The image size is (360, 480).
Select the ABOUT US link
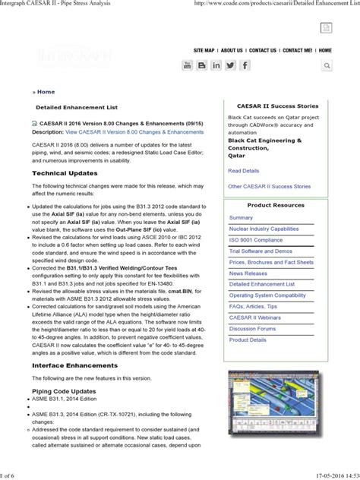point(232,50)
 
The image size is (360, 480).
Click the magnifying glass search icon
point(326,66)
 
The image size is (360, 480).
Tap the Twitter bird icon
point(231,66)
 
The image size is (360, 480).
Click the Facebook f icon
point(245,66)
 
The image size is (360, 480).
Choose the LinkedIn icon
point(216,66)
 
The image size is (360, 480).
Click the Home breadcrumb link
point(46,91)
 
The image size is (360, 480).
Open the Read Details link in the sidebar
point(244,171)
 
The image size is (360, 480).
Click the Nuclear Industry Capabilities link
point(264,229)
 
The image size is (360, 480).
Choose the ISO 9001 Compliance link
point(255,240)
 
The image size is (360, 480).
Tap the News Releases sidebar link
point(248,273)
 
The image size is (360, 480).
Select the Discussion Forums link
point(253,328)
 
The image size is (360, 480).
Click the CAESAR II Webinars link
point(255,317)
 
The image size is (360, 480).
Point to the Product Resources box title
point(275,205)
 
